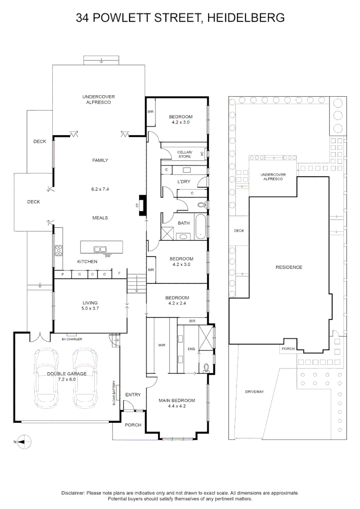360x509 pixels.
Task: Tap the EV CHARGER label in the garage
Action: coord(72,339)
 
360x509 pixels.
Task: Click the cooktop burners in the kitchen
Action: coord(59,251)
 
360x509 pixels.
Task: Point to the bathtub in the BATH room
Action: coord(201,227)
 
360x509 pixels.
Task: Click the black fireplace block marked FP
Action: coord(142,205)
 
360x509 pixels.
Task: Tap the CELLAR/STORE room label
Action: coord(184,154)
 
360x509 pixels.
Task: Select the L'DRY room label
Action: coord(184,182)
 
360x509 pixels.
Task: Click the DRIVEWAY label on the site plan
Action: coord(254,392)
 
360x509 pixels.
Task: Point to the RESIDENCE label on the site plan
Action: coord(289,267)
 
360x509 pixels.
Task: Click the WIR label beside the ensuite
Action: coord(162,345)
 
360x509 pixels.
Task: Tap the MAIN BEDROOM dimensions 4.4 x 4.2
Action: coord(177,406)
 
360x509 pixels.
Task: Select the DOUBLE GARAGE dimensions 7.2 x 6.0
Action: coord(67,379)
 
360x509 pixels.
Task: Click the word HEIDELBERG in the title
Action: coord(246,17)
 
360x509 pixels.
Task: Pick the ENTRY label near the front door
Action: coord(133,395)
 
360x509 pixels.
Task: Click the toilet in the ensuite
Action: coord(206,368)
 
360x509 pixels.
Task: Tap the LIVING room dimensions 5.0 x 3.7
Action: coord(90,308)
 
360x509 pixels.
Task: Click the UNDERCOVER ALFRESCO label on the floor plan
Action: coord(98,99)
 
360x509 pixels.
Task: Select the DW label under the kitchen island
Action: coord(108,256)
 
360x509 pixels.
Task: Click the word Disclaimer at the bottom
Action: coord(73,493)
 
